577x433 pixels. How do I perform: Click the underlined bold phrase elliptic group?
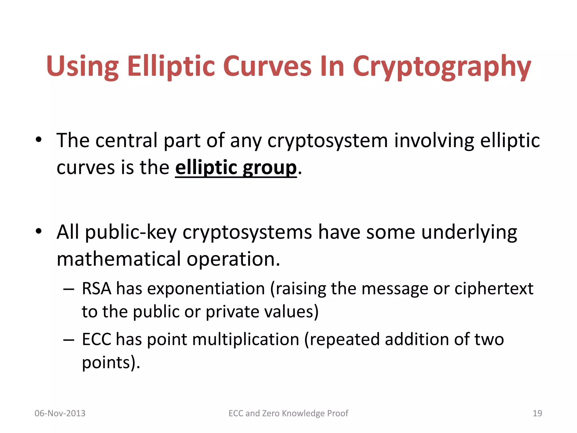236,168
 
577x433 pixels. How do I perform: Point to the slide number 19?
537,413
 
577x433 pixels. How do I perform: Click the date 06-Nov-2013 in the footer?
60,413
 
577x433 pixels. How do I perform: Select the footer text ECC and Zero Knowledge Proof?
288,413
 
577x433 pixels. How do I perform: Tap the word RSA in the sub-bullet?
96,289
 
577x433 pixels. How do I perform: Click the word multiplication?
246,340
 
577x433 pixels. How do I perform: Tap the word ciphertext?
494,289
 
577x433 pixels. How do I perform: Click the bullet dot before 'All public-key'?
39,231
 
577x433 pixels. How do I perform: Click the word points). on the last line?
111,363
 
